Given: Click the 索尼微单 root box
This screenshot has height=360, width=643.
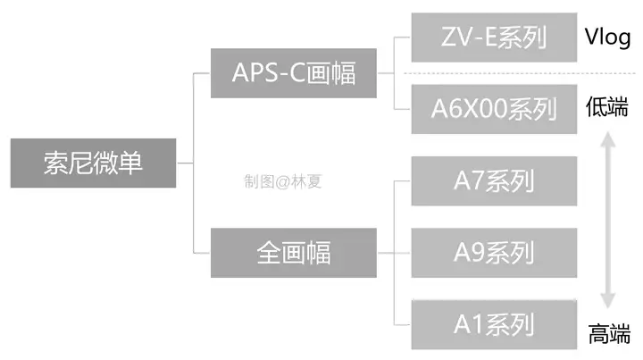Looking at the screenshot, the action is click(93, 163).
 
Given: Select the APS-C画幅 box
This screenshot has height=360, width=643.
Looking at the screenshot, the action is click(294, 73).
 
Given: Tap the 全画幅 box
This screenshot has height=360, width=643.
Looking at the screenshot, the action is click(294, 253).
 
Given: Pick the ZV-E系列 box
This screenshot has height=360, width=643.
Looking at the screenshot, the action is click(494, 38).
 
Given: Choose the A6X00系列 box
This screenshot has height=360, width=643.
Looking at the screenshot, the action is click(494, 109).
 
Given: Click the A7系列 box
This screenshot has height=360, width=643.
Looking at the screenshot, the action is click(494, 180).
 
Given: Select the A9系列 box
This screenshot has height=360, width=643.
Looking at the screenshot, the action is click(494, 253).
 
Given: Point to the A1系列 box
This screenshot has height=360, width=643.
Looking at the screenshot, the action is click(494, 324).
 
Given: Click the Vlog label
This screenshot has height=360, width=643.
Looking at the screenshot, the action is click(608, 38).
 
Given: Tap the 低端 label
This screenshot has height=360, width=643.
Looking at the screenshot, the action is click(607, 107).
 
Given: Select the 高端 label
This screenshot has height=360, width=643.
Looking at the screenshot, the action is click(609, 333).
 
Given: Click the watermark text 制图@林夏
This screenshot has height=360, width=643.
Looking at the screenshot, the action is click(283, 181).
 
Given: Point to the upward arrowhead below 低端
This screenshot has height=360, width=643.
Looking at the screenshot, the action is click(608, 139).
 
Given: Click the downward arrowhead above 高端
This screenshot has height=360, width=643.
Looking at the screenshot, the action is click(608, 300).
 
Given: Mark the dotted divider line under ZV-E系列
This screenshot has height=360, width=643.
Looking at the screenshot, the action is click(520, 73).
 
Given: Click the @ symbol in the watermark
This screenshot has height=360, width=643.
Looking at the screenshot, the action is click(282, 182).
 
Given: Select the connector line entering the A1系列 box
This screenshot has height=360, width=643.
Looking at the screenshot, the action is click(402, 325).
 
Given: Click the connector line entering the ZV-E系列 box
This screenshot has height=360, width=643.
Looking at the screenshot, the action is click(402, 38).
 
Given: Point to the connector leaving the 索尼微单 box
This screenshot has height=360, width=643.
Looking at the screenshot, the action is click(185, 163).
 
